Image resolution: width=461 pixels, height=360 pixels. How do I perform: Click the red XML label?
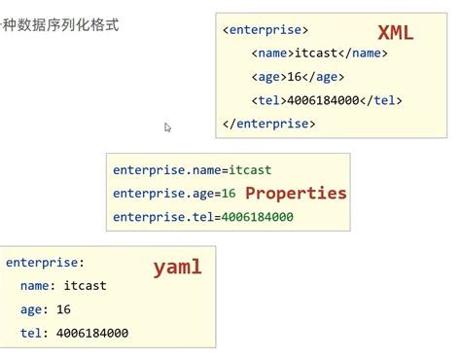pyautogui.click(x=396, y=32)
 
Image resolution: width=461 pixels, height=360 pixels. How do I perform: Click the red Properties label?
pyautogui.click(x=296, y=193)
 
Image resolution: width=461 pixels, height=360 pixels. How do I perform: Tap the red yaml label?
pyautogui.click(x=177, y=267)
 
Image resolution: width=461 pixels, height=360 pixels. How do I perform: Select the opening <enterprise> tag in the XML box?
pyautogui.click(x=266, y=30)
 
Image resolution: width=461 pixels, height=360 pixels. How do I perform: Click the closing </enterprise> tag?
pyautogui.click(x=269, y=124)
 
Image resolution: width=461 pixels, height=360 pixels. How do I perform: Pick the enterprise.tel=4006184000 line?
pyautogui.click(x=202, y=217)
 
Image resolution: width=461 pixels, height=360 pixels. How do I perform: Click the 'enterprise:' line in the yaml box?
pyautogui.click(x=45, y=263)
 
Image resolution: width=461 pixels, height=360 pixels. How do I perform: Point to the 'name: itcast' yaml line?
pyautogui.click(x=62, y=286)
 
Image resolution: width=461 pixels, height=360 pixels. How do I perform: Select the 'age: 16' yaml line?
pyautogui.click(x=45, y=309)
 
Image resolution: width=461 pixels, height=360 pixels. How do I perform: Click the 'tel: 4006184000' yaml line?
pyautogui.click(x=73, y=333)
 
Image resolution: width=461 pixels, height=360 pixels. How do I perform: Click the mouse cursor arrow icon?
pyautogui.click(x=168, y=127)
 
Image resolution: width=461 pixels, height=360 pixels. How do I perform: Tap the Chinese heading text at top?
pyautogui.click(x=58, y=24)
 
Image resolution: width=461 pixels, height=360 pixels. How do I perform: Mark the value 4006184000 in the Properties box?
pyautogui.click(x=258, y=217)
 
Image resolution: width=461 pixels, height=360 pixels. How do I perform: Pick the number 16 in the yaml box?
pyautogui.click(x=63, y=309)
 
